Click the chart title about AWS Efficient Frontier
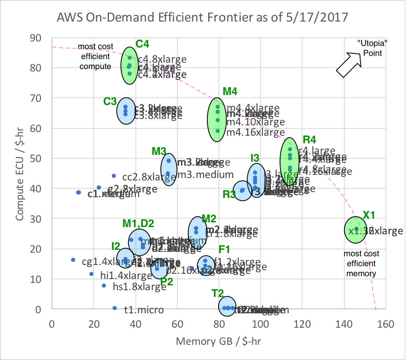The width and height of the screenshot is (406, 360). (203, 18)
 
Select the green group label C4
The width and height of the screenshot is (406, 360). (142, 44)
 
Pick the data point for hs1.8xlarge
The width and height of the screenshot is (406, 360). (104, 286)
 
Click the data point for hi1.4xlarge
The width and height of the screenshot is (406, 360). (91, 274)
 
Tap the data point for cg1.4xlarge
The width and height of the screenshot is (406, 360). (73, 260)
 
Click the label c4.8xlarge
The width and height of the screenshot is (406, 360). (162, 59)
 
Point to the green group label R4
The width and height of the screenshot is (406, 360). (309, 140)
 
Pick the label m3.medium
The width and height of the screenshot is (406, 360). (205, 174)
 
